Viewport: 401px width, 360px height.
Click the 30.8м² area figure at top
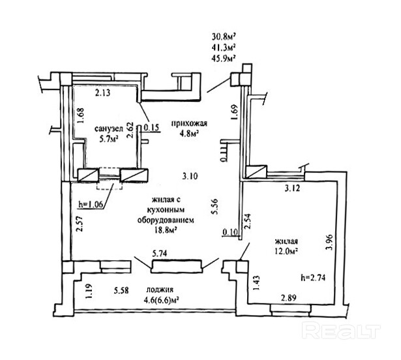pyautogui.click(x=224, y=37)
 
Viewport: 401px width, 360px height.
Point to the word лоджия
pyautogui.click(x=160, y=290)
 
